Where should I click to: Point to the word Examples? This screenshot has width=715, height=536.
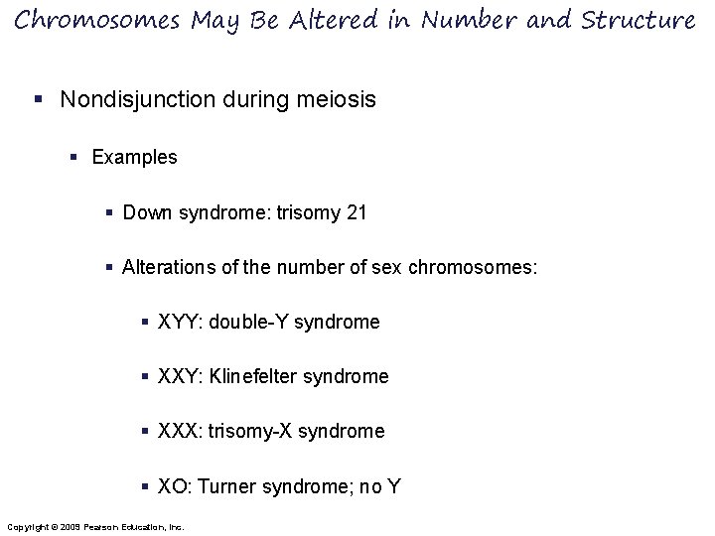tap(134, 157)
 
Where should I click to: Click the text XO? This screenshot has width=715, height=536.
tap(172, 486)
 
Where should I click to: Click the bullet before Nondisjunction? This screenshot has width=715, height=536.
tap(37, 100)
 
